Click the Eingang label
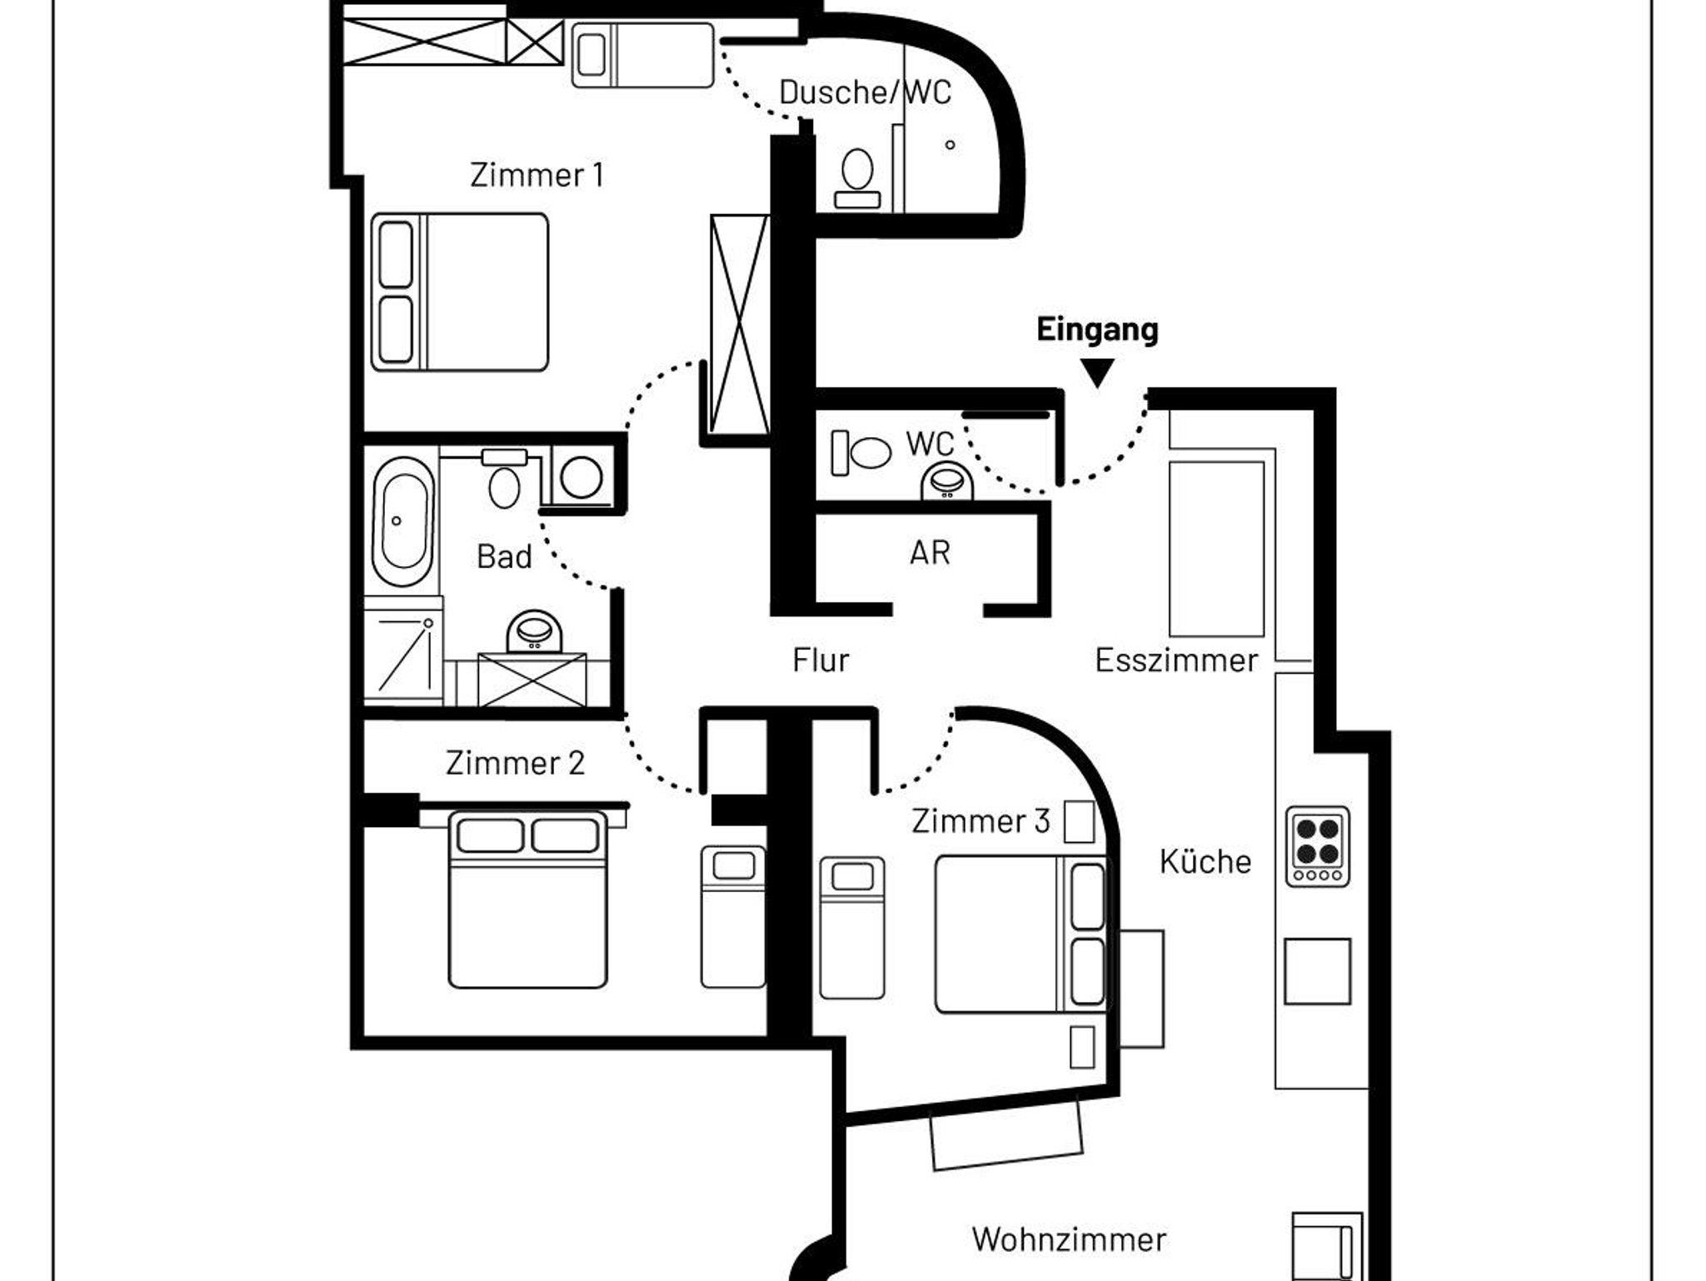[x=1097, y=330]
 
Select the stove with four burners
[x=1317, y=846]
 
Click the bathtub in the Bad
[x=402, y=521]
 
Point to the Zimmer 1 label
[x=536, y=175]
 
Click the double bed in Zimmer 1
[x=460, y=292]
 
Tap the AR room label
[x=930, y=552]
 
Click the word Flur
[x=821, y=660]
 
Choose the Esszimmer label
[x=1176, y=660]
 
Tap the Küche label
[x=1205, y=861]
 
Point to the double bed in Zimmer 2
[x=528, y=900]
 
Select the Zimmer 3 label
[x=980, y=821]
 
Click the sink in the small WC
[x=947, y=483]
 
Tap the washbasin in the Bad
[x=534, y=632]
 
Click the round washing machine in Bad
[x=581, y=477]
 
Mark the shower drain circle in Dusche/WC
[x=950, y=145]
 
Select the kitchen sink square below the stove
[x=1317, y=971]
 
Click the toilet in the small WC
[x=862, y=453]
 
